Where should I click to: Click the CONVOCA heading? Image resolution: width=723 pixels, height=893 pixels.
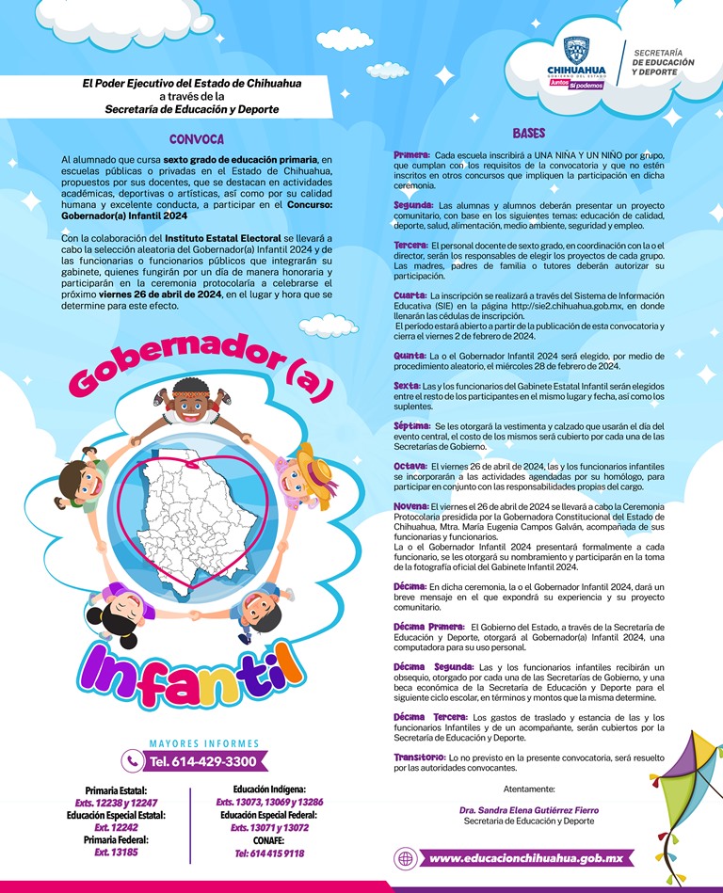pyautogui.click(x=196, y=139)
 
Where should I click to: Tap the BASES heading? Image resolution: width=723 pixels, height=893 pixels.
pyautogui.click(x=529, y=134)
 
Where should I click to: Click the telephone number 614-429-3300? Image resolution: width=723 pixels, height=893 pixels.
pyautogui.click(x=202, y=760)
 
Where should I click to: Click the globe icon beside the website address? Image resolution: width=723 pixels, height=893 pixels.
pyautogui.click(x=406, y=858)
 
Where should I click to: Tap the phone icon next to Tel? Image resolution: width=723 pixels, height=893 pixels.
pyautogui.click(x=133, y=760)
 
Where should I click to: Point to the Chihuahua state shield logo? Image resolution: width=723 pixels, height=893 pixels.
pyautogui.click(x=576, y=53)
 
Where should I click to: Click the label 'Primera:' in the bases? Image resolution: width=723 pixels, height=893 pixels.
pyautogui.click(x=412, y=153)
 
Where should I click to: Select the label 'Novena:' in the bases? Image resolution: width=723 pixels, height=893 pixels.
pyautogui.click(x=412, y=506)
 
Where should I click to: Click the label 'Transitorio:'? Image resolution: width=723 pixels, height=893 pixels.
pyautogui.click(x=419, y=757)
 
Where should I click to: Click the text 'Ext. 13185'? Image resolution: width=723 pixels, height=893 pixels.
pyautogui.click(x=115, y=852)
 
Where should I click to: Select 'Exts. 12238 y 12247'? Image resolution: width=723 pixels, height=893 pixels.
pyautogui.click(x=115, y=803)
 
